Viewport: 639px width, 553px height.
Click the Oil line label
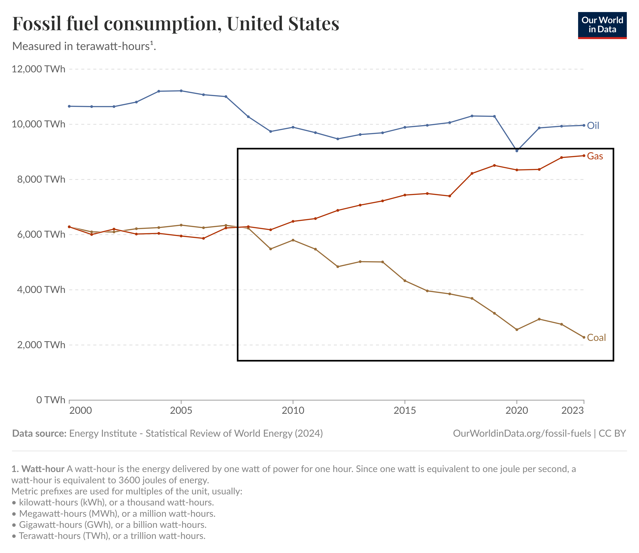pyautogui.click(x=593, y=126)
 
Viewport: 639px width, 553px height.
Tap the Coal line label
pyautogui.click(x=596, y=338)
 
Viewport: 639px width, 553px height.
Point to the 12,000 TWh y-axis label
pyautogui.click(x=39, y=69)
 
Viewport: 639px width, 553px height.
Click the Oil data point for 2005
pyautogui.click(x=181, y=91)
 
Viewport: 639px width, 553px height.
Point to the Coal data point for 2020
pyautogui.click(x=517, y=330)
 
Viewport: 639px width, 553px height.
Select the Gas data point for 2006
pyautogui.click(x=203, y=238)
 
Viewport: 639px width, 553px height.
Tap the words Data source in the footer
pyautogui.click(x=39, y=433)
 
